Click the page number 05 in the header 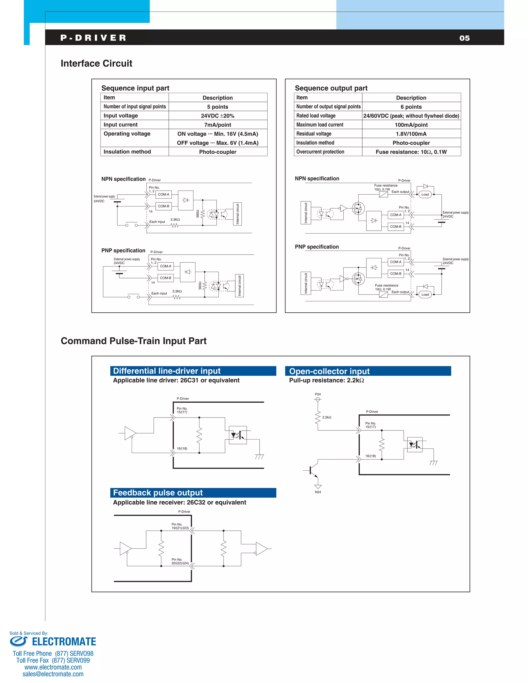(464, 38)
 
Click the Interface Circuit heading (96, 63)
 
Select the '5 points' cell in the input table (217, 107)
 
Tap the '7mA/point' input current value (217, 125)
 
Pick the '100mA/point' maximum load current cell (411, 125)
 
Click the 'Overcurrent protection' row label (320, 152)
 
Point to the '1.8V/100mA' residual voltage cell (411, 134)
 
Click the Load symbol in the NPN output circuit (425, 195)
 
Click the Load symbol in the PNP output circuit (425, 295)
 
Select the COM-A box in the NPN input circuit (164, 195)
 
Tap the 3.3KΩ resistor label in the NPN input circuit (175, 220)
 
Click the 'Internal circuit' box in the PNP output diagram (306, 283)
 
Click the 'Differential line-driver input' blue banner (193, 371)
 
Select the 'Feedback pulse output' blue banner (193, 493)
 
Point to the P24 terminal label (318, 394)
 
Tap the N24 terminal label (318, 492)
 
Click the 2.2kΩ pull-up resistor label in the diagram (327, 418)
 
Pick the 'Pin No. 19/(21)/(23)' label (180, 526)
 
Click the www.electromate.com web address (53, 667)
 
